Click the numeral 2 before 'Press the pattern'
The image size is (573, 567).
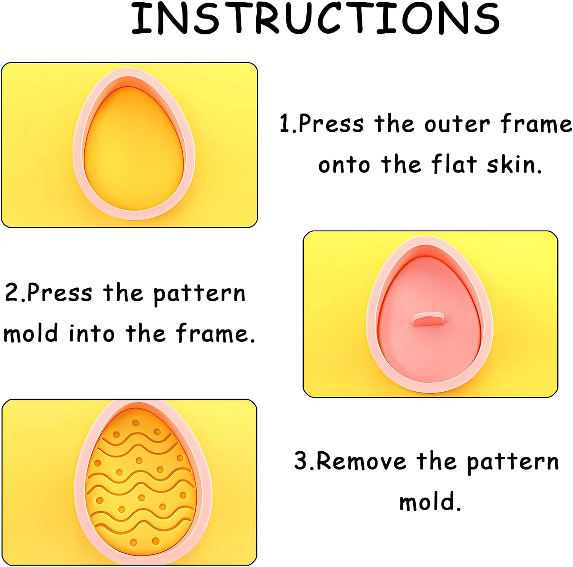tap(11, 293)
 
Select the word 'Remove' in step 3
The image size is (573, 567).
tap(361, 461)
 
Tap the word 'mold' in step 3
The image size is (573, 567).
tap(430, 502)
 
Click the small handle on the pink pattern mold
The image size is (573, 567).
tap(429, 319)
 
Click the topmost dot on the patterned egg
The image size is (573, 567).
tap(136, 423)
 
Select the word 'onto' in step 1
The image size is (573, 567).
tap(344, 165)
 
